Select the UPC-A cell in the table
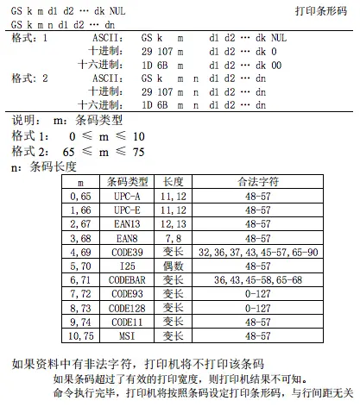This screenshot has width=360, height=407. pos(128,197)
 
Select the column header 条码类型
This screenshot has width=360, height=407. pos(128,183)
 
